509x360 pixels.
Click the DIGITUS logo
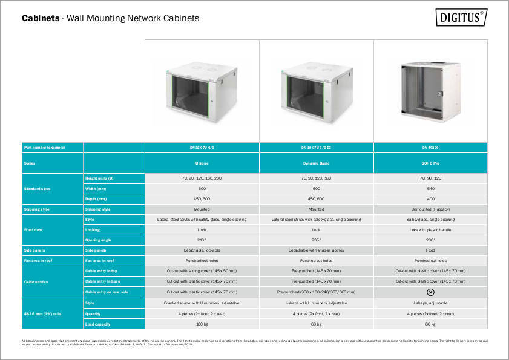pos(461,17)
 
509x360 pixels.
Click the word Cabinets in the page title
pos(40,18)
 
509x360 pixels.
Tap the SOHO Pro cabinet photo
pos(431,90)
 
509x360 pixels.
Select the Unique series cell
pos(202,163)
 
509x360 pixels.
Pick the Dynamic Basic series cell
pos(316,163)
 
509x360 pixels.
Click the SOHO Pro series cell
pos(430,163)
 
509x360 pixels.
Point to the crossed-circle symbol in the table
pos(430,292)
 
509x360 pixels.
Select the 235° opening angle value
pos(316,240)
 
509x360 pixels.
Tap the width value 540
pos(430,188)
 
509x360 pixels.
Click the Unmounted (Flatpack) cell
pos(430,209)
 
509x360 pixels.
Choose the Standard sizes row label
pos(38,188)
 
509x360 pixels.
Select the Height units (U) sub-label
pos(99,178)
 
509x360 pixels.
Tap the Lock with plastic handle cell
pos(430,230)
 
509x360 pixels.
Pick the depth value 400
pos(430,198)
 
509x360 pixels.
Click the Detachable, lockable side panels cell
pos(202,250)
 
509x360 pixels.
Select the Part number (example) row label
pos(44,148)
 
